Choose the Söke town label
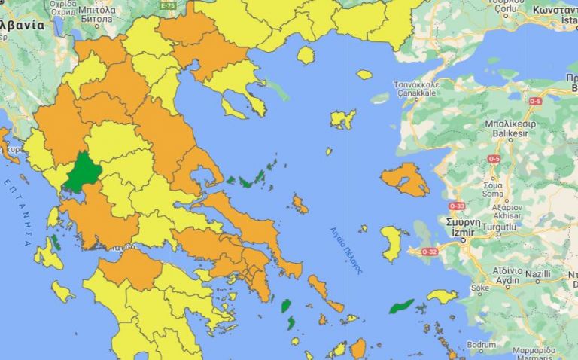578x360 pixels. point(479,287)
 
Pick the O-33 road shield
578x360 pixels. point(457,205)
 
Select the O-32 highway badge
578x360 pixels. point(429,251)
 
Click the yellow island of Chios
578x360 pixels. point(391,243)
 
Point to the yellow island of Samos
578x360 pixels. point(442,296)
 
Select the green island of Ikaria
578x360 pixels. point(400,307)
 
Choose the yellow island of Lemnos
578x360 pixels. point(342,119)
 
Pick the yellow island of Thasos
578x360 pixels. point(306,55)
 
